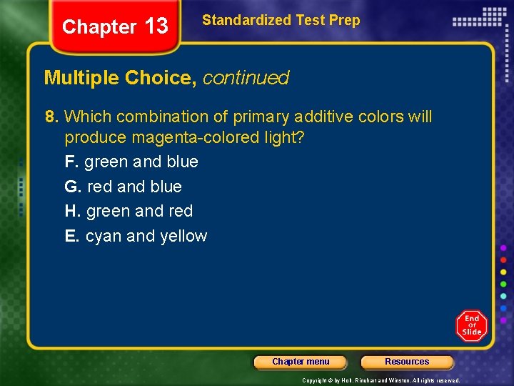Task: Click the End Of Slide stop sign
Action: (x=471, y=326)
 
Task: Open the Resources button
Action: (x=407, y=362)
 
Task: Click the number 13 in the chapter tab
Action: (x=156, y=27)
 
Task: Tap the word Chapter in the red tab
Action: (x=99, y=27)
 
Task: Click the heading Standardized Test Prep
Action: (x=281, y=20)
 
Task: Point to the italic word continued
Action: (x=246, y=78)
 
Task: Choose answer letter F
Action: (x=71, y=162)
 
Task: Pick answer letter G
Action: (x=71, y=187)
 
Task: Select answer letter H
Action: (x=71, y=211)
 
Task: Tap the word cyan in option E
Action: (x=104, y=237)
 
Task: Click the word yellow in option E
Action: (x=183, y=237)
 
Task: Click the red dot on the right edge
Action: (x=503, y=260)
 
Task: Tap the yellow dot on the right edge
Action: (x=503, y=272)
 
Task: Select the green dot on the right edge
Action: (x=503, y=284)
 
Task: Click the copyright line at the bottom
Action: (x=381, y=380)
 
